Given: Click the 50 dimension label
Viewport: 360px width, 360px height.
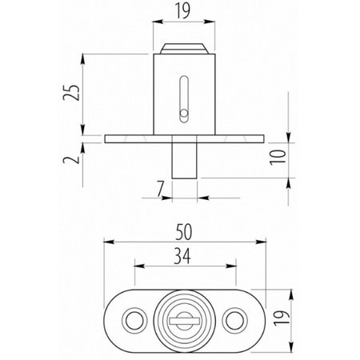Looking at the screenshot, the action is (x=184, y=232).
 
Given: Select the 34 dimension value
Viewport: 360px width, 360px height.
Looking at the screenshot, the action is (x=182, y=256).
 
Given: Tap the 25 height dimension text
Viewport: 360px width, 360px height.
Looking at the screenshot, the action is (x=71, y=93).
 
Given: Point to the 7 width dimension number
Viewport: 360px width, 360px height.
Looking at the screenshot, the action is (x=160, y=189).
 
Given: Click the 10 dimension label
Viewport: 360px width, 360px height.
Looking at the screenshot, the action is (x=278, y=158).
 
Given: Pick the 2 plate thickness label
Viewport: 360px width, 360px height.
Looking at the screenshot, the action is (x=71, y=159).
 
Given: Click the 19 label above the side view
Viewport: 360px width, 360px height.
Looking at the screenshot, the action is (x=183, y=10).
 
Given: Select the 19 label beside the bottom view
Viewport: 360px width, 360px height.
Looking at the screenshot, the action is (x=282, y=318).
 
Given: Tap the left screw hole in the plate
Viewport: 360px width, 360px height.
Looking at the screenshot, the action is (x=134, y=321).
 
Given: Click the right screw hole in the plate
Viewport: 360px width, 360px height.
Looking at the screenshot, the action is (x=234, y=321).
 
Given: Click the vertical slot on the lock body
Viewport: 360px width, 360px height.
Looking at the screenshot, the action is (x=184, y=99).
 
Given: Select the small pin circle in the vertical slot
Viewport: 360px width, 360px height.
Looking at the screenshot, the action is (x=184, y=114).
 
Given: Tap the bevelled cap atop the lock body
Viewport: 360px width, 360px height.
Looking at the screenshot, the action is (x=184, y=49).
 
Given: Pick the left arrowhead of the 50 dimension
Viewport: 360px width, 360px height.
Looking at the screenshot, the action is (x=109, y=242).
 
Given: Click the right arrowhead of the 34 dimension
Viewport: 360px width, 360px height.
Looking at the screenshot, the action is (x=231, y=266).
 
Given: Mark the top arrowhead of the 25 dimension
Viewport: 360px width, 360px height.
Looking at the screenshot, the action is (x=83, y=59).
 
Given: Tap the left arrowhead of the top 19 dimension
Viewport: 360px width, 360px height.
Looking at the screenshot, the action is (x=158, y=22).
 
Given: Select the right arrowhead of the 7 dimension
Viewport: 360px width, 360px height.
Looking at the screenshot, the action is (x=202, y=198).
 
